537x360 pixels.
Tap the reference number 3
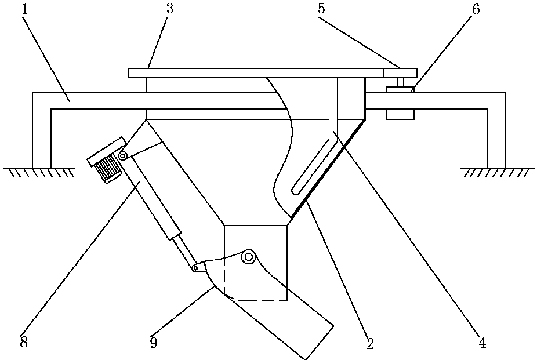[170, 9]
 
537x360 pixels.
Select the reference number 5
[321, 9]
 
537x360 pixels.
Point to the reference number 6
[476, 9]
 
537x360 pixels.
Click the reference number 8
[24, 342]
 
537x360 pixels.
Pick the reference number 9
[154, 342]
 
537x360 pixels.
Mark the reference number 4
[482, 342]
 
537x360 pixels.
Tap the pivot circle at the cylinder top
[122, 156]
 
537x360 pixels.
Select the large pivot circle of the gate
[248, 257]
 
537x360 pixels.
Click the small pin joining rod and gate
[195, 268]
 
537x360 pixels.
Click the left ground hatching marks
[39, 173]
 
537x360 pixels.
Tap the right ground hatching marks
[497, 173]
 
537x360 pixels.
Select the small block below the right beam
[400, 114]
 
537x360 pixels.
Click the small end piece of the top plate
[400, 72]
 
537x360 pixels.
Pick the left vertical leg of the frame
[42, 130]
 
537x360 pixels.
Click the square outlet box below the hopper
[256, 263]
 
